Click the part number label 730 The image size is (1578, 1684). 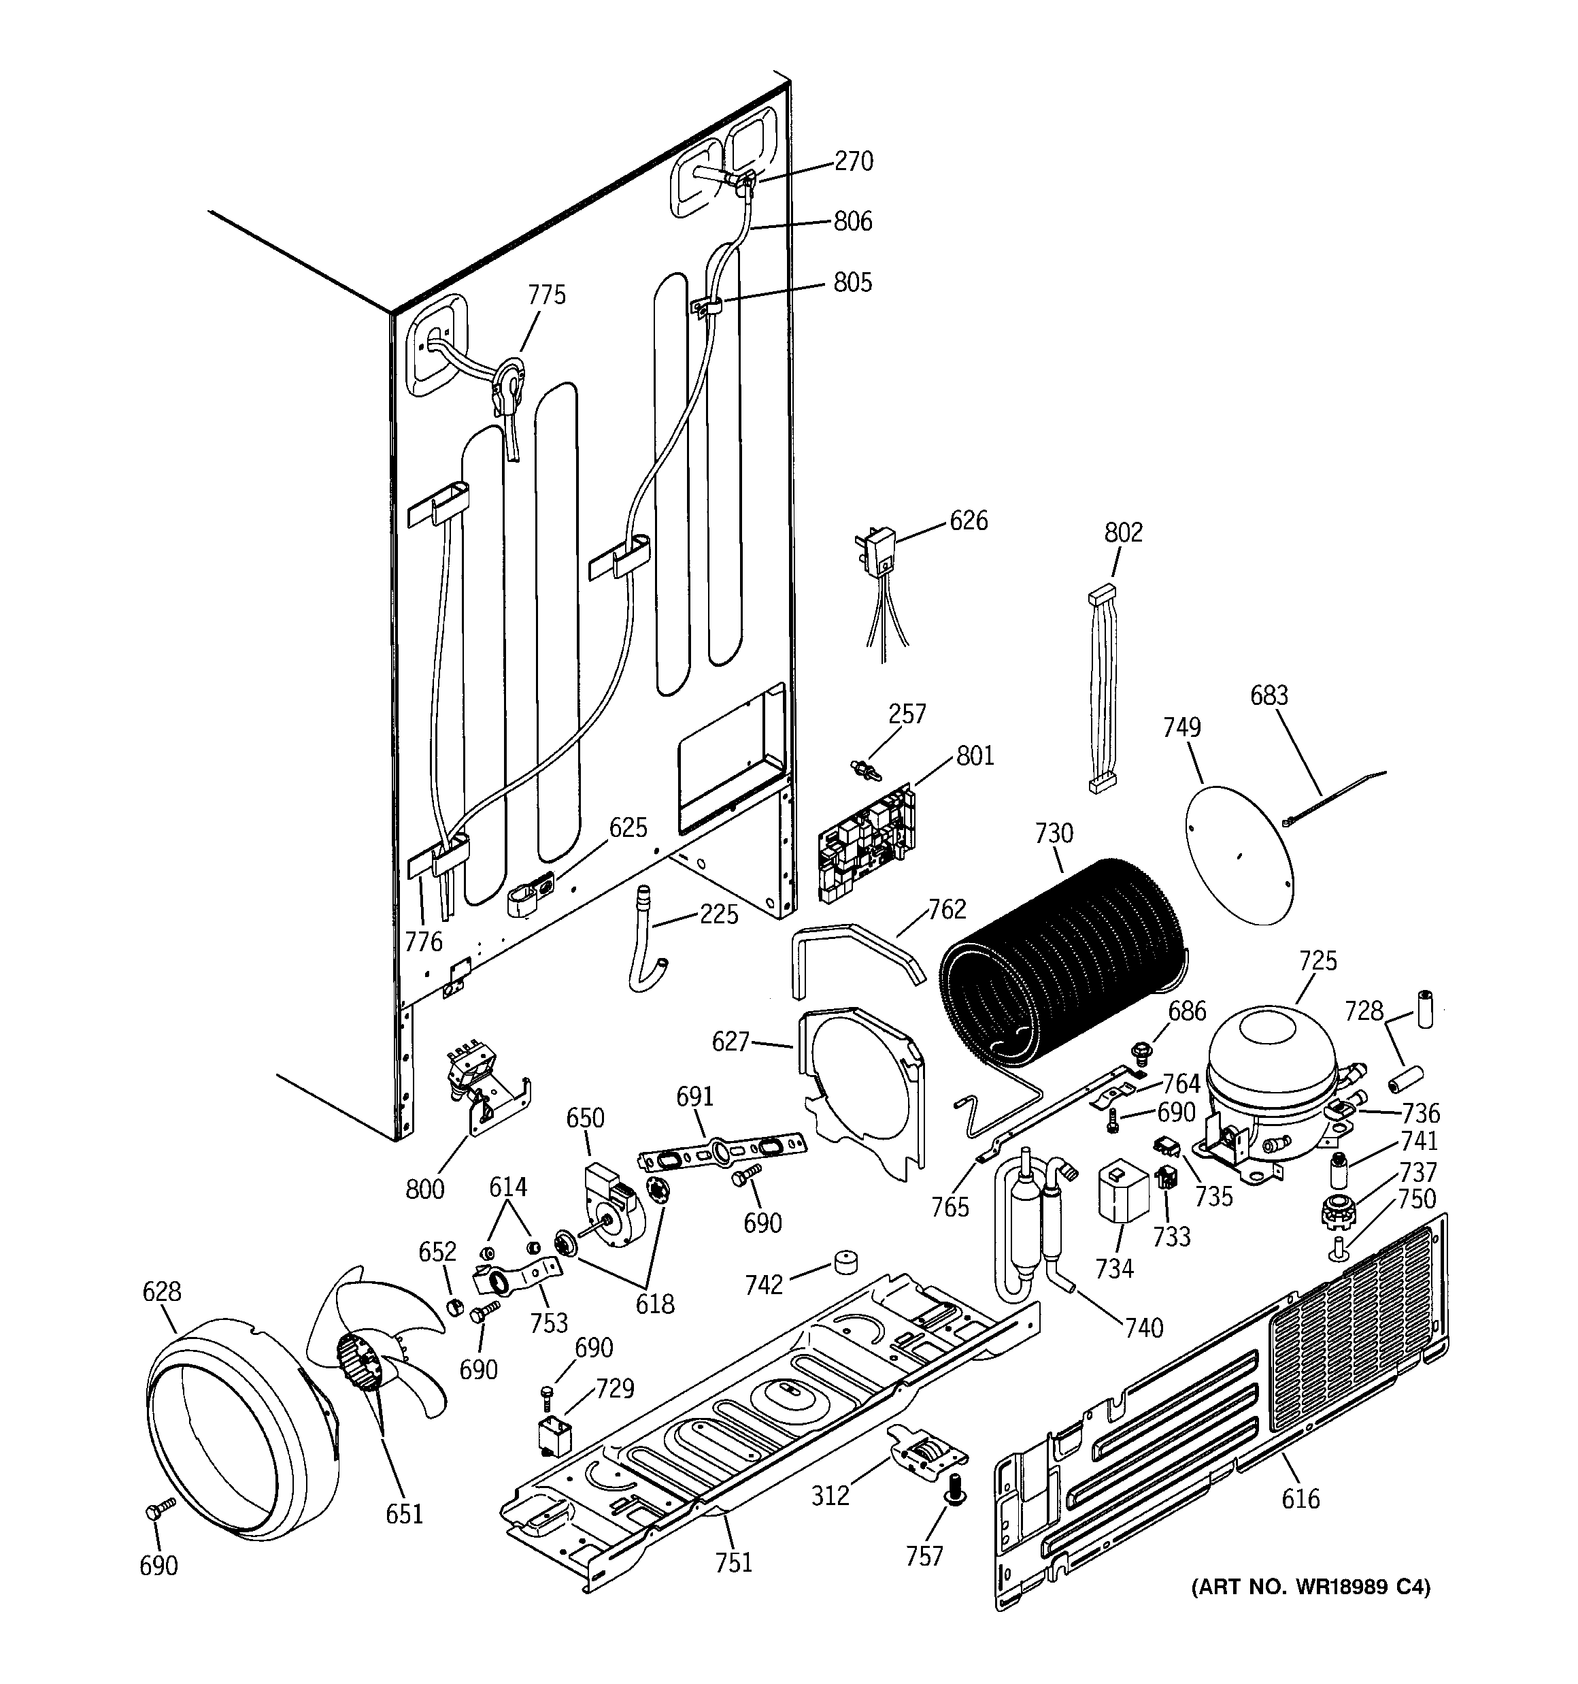1053,833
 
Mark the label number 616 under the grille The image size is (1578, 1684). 1300,1500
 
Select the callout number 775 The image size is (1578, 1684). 546,295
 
